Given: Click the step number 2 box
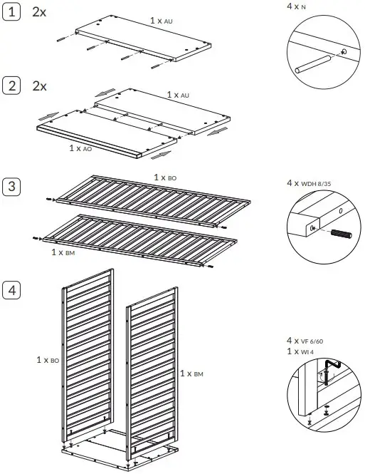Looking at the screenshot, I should click(x=11, y=86).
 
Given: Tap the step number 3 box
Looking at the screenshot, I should click(x=11, y=187).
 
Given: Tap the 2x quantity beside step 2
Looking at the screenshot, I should click(x=40, y=86).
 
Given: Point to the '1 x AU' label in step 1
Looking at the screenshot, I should click(x=162, y=21).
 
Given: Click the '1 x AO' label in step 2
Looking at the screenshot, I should click(x=80, y=148).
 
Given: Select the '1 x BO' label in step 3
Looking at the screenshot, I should click(x=166, y=177).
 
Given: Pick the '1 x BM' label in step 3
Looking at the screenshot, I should click(x=63, y=252).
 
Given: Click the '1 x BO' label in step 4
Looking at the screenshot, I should click(x=48, y=361).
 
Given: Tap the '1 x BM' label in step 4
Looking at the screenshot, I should click(x=192, y=373).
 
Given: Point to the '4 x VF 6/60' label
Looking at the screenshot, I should click(x=307, y=341).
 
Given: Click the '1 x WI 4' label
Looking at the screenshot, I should click(x=302, y=352).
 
